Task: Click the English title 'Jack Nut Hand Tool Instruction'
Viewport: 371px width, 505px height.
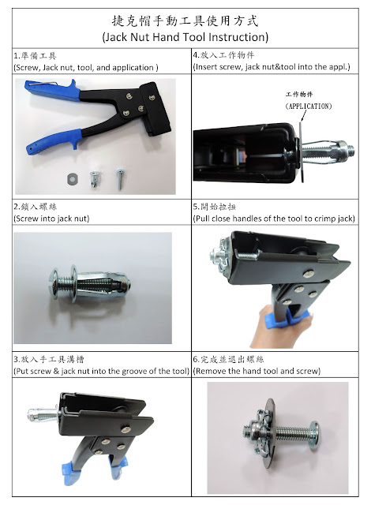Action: pyautogui.click(x=185, y=37)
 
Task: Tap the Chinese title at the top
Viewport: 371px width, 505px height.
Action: pyautogui.click(x=185, y=21)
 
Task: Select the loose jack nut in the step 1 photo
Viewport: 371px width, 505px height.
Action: pyautogui.click(x=95, y=179)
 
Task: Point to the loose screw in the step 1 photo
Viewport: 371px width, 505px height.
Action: pyautogui.click(x=121, y=179)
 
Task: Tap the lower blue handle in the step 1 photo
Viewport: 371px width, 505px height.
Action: pyautogui.click(x=53, y=142)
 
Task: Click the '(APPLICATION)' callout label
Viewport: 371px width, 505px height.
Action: pyautogui.click(x=309, y=107)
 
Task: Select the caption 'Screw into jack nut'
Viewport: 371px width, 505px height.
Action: pyautogui.click(x=51, y=219)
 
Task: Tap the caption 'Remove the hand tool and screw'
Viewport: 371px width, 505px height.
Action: pyautogui.click(x=257, y=371)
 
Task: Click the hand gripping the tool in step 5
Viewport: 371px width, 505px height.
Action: pyautogui.click(x=280, y=328)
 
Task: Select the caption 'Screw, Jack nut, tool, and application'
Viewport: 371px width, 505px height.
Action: pyautogui.click(x=86, y=68)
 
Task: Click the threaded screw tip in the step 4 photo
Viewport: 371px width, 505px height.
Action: pyautogui.click(x=349, y=149)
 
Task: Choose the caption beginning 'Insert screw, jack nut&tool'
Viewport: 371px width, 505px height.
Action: pyautogui.click(x=272, y=67)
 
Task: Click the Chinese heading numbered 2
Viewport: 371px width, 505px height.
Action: pyautogui.click(x=36, y=207)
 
